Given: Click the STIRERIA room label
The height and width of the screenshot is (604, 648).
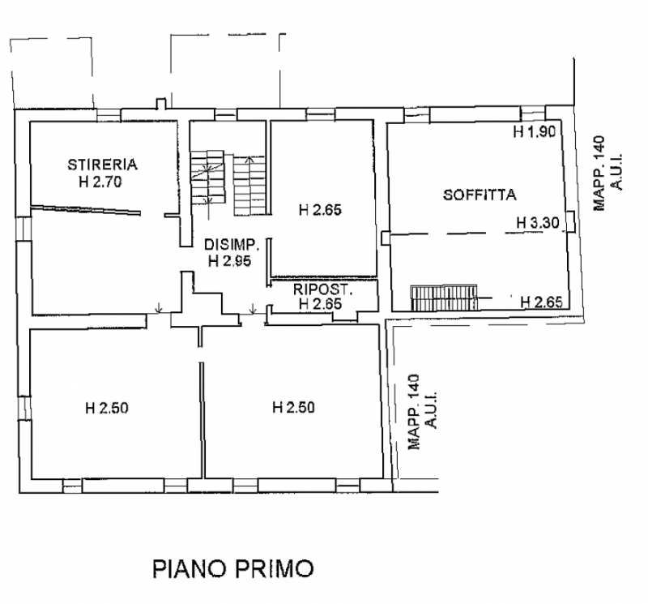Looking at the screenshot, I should click(x=102, y=165).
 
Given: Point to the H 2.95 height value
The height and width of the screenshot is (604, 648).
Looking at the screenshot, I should click(x=232, y=261).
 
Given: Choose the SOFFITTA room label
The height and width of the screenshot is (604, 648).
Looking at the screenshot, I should click(x=480, y=195).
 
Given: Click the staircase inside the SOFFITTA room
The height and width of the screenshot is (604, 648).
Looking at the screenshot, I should click(x=445, y=298).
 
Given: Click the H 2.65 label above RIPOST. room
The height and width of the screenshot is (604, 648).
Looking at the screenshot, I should click(x=320, y=211).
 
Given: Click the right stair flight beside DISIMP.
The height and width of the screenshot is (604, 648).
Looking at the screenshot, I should click(x=248, y=185).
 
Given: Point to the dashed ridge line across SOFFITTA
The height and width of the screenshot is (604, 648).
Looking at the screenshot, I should click(x=478, y=235).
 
